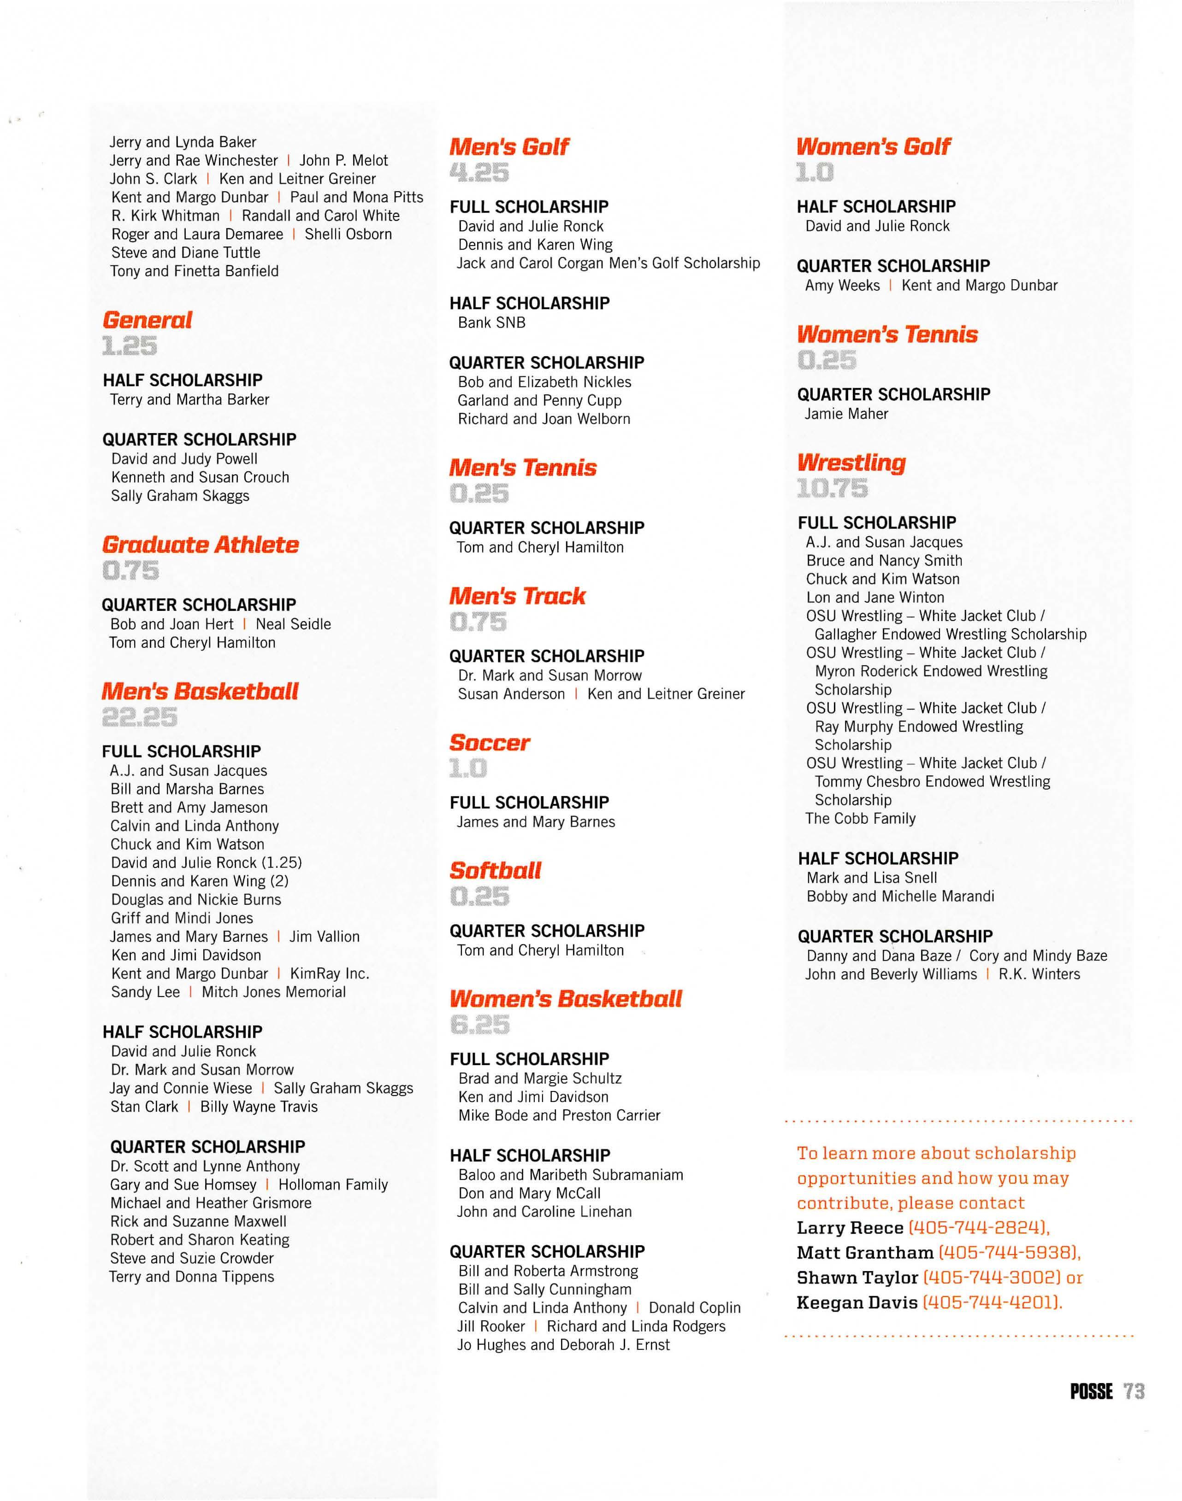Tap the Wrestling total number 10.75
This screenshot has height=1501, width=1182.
coord(832,488)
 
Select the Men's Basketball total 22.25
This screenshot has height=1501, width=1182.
coord(139,717)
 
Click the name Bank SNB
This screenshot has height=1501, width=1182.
coord(491,322)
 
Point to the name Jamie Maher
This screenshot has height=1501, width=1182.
coord(845,414)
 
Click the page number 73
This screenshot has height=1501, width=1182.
coord(1134,1391)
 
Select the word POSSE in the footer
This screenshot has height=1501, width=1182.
coord(1091,1391)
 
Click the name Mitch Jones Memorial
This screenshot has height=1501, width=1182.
coord(273,992)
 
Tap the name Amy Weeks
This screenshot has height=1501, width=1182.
coord(842,285)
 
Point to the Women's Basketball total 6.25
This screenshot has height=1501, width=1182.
coord(479,1025)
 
